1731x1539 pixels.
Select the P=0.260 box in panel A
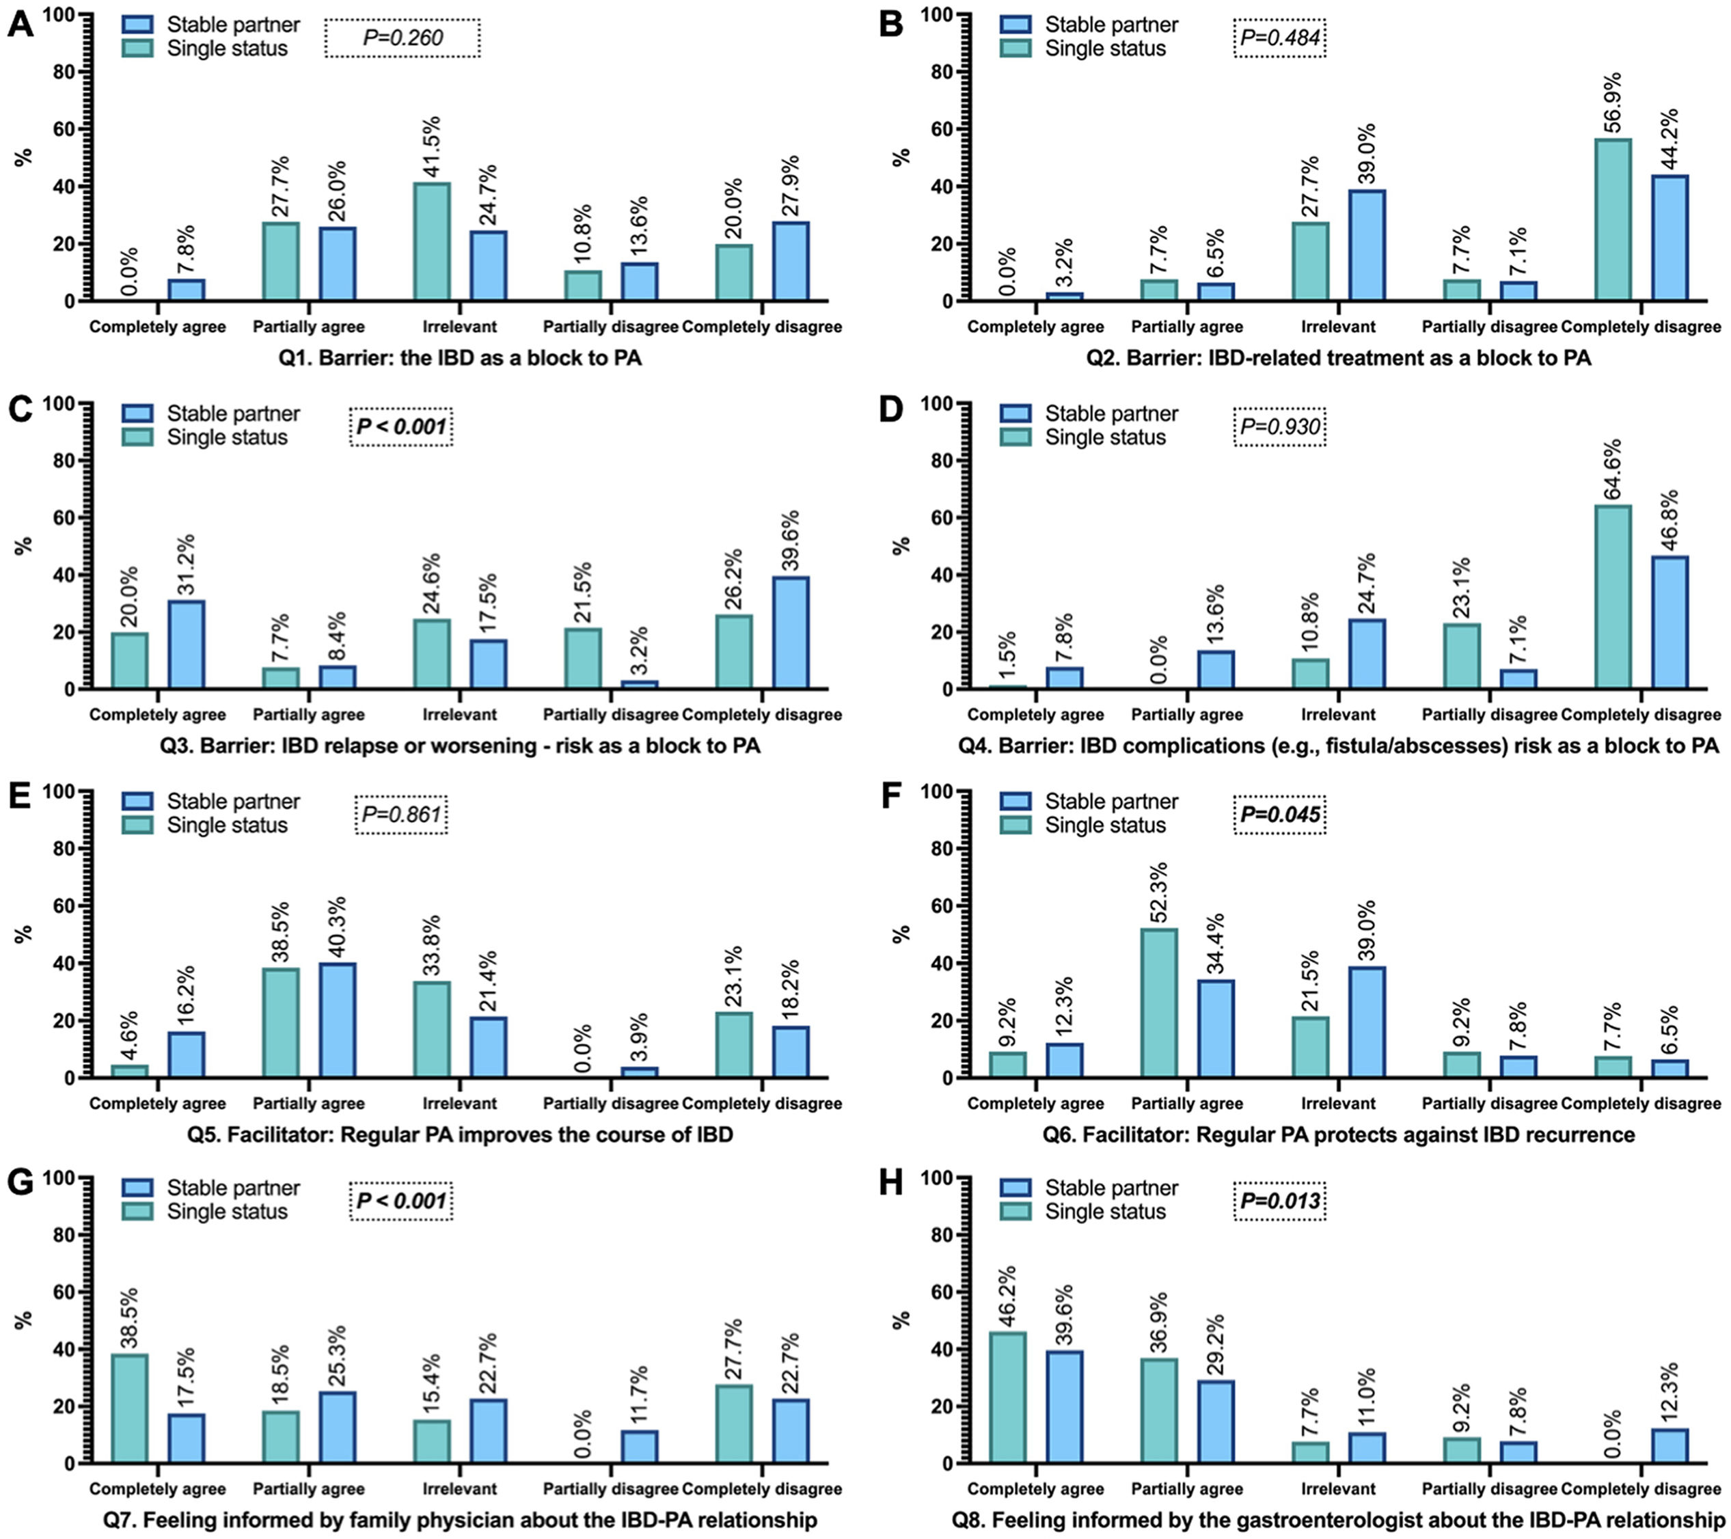[x=403, y=38]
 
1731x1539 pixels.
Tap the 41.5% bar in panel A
[x=432, y=241]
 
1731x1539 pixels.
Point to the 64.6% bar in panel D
[x=1613, y=597]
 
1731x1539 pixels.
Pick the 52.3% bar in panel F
[x=1160, y=1003]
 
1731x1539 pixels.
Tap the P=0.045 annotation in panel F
[x=1279, y=815]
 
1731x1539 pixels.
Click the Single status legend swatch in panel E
[x=137, y=825]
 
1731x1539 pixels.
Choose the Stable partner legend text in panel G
[x=233, y=1188]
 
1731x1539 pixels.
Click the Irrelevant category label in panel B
[x=1338, y=327]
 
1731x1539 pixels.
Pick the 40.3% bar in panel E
[x=337, y=1020]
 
